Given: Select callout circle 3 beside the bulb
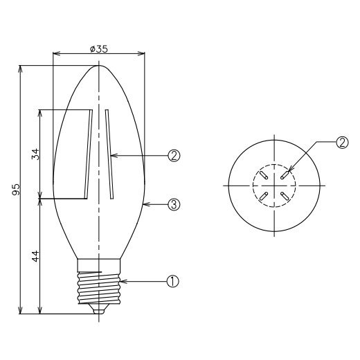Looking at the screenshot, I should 173,204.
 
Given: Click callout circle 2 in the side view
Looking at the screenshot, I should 173,156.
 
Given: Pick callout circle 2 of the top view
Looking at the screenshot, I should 341,143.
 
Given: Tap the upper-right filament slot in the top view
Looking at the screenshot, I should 285,174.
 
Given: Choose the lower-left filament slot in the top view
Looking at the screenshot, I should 263,197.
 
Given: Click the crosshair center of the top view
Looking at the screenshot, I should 274,186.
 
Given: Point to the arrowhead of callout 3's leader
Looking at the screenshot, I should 144,204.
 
